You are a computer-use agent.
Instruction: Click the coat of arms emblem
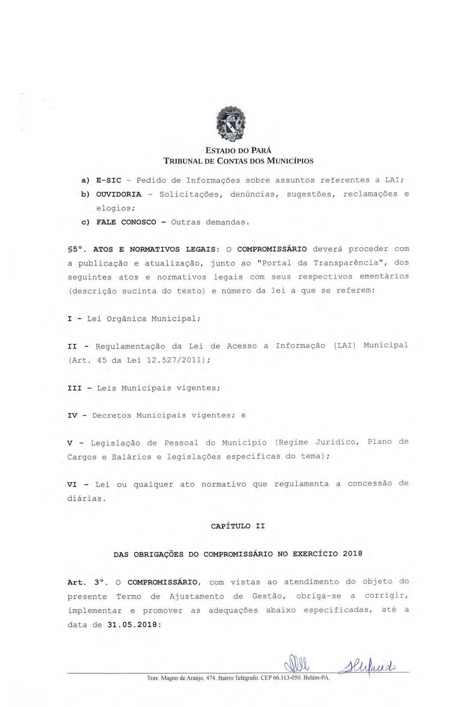[230, 124]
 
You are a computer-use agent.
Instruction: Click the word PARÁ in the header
[260, 151]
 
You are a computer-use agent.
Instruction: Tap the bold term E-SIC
[109, 180]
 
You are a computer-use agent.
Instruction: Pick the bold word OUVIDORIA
[119, 194]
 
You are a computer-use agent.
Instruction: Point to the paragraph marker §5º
[76, 250]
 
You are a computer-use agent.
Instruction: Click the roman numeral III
[75, 388]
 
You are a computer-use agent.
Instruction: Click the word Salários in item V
[131, 457]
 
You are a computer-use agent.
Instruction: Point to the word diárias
[86, 499]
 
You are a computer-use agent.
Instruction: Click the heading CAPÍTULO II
[238, 526]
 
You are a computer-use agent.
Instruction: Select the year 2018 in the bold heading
[352, 554]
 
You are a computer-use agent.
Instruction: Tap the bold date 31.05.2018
[132, 625]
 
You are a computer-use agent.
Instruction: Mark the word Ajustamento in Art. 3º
[197, 597]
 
